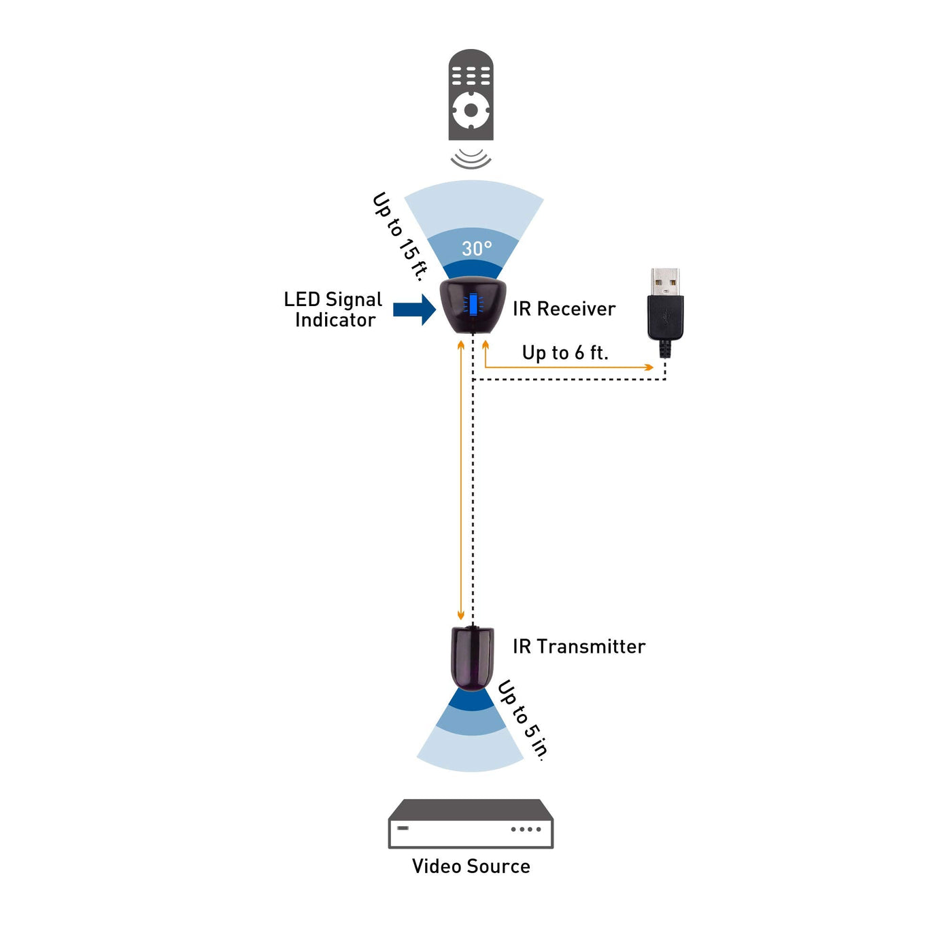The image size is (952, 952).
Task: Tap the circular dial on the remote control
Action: coord(471,109)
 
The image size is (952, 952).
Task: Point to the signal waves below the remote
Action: coord(471,159)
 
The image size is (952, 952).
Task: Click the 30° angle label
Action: coord(477,248)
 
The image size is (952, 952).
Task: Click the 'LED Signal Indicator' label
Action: coord(333,309)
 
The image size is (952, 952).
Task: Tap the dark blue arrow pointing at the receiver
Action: coord(413,310)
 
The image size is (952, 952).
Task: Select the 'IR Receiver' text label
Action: coord(564,309)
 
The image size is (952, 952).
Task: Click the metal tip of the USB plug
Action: coord(665,282)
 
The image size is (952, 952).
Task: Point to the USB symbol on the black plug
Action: coord(665,316)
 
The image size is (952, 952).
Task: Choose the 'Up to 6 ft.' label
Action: coord(565,353)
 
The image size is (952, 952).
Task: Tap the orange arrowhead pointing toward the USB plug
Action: coord(649,367)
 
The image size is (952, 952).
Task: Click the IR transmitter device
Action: coord(472,658)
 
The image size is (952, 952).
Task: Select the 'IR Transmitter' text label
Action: coord(579,647)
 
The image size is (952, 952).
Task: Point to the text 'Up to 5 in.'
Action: coord(523,719)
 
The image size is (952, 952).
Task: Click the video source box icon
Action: coord(471,823)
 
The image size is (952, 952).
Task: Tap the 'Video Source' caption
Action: coord(471,866)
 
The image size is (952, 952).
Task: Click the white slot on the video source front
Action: coord(403,828)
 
